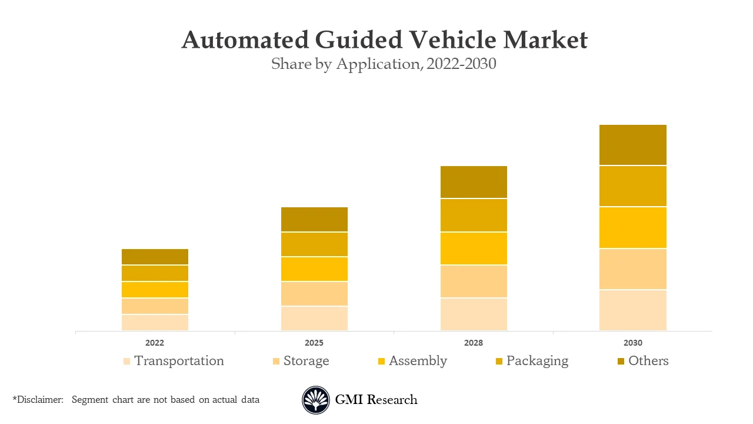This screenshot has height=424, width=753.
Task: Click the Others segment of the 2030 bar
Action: [x=633, y=145]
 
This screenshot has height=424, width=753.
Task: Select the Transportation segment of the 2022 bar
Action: [x=155, y=323]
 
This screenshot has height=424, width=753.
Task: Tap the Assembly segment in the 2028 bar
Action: [x=474, y=249]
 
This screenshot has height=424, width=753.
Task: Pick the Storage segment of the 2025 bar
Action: [x=314, y=293]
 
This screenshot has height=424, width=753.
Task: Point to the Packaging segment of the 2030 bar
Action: [x=633, y=186]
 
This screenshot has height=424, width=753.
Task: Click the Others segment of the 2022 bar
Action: [x=155, y=257]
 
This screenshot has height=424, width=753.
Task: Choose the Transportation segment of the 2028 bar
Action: [x=474, y=314]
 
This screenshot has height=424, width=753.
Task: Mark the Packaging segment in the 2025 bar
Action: [x=314, y=244]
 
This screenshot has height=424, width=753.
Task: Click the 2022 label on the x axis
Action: [x=155, y=343]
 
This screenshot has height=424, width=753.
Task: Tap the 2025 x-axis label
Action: [x=314, y=343]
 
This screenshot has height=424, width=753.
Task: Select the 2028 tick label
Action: [x=474, y=343]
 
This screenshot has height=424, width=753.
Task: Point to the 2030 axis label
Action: [x=633, y=343]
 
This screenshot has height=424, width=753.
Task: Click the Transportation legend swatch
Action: [x=126, y=362]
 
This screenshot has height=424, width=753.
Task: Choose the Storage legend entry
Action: [x=306, y=361]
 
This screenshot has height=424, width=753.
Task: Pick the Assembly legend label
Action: [x=418, y=361]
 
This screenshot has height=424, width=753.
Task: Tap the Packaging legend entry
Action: [x=537, y=361]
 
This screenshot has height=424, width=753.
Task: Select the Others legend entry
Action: [x=648, y=361]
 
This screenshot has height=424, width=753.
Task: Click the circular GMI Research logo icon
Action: [x=316, y=400]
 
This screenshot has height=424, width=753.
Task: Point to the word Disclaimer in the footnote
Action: [x=39, y=400]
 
